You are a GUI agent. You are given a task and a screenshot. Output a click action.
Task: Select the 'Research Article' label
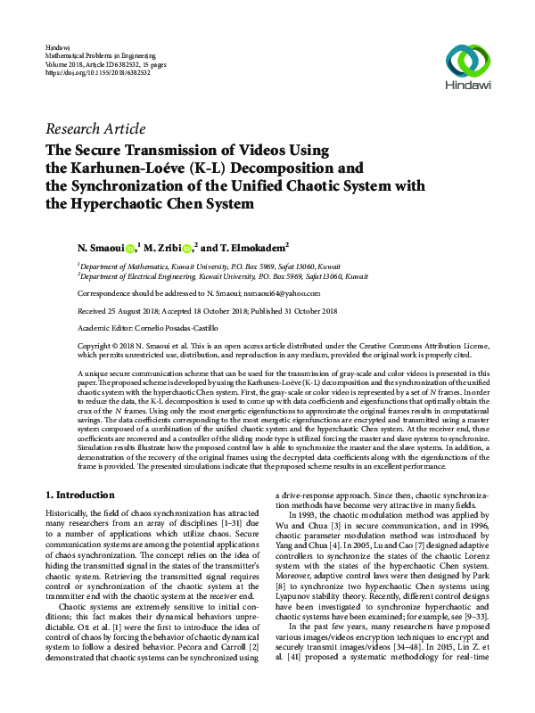(x=95, y=128)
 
